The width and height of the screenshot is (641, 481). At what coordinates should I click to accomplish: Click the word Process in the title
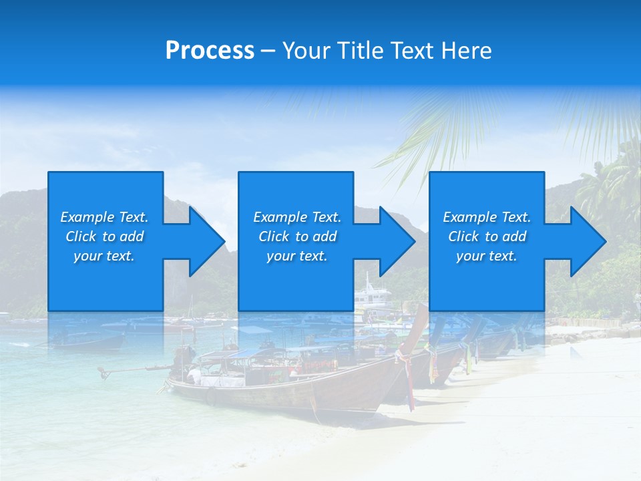pos(210,51)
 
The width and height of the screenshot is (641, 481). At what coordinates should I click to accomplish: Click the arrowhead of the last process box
pos(587,241)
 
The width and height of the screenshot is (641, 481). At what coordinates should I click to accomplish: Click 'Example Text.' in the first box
pos(104,217)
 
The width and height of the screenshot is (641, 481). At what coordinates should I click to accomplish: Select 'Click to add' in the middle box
pos(297,236)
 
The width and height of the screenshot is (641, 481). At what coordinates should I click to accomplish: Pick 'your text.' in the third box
pos(486,256)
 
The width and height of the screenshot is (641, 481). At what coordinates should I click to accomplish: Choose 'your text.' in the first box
pos(104,256)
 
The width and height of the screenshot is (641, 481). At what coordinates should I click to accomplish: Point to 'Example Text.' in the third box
pos(486,217)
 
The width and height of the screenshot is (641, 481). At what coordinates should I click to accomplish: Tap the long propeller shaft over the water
pos(134,368)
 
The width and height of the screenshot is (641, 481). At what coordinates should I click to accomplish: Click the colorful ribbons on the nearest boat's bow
pos(406,374)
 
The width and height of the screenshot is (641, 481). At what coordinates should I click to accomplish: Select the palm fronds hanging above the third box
pos(441,134)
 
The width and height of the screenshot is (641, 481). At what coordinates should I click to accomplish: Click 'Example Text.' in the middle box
pos(297,217)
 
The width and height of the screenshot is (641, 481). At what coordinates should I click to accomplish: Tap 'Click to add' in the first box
pos(104,236)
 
